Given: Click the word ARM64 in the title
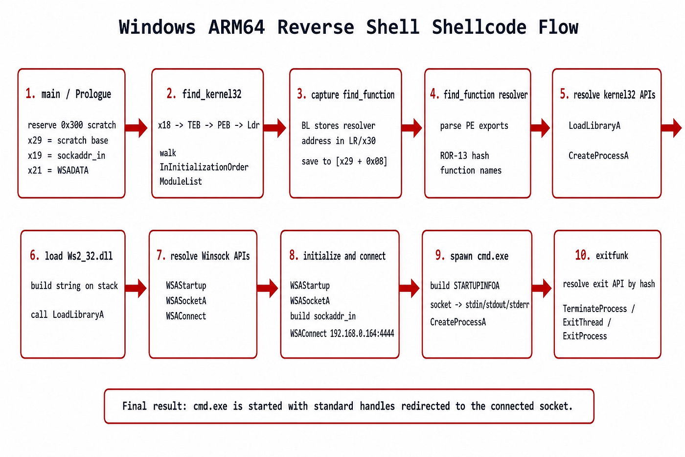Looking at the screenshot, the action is point(236,27).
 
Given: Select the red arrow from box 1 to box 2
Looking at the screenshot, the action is point(137,128).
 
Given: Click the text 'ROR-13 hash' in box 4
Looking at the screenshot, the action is point(464,156).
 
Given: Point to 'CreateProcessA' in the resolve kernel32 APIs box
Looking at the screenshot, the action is point(598,156).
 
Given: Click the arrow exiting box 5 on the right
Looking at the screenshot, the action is point(671,128).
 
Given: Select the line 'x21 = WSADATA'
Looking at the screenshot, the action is point(58,170).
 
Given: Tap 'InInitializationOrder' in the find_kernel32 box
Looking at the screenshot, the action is point(204,167).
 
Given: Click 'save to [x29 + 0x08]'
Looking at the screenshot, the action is point(344,161).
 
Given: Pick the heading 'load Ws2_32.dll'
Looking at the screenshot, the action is point(79,256).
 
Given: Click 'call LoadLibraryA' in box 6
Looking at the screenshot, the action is point(68,314).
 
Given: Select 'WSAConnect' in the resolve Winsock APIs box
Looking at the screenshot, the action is point(186,316).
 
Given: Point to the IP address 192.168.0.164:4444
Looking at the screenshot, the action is point(362,334).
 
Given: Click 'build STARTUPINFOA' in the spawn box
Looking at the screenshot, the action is point(465,286).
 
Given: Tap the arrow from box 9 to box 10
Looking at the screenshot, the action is point(542,288).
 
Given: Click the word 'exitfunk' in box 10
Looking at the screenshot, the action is point(612,256).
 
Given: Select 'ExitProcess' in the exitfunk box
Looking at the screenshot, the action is point(585,337).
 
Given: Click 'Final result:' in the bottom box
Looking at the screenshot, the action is point(155,406).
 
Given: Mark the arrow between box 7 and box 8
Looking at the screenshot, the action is point(268,288).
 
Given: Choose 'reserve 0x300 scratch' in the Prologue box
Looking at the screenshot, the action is point(72,125).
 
